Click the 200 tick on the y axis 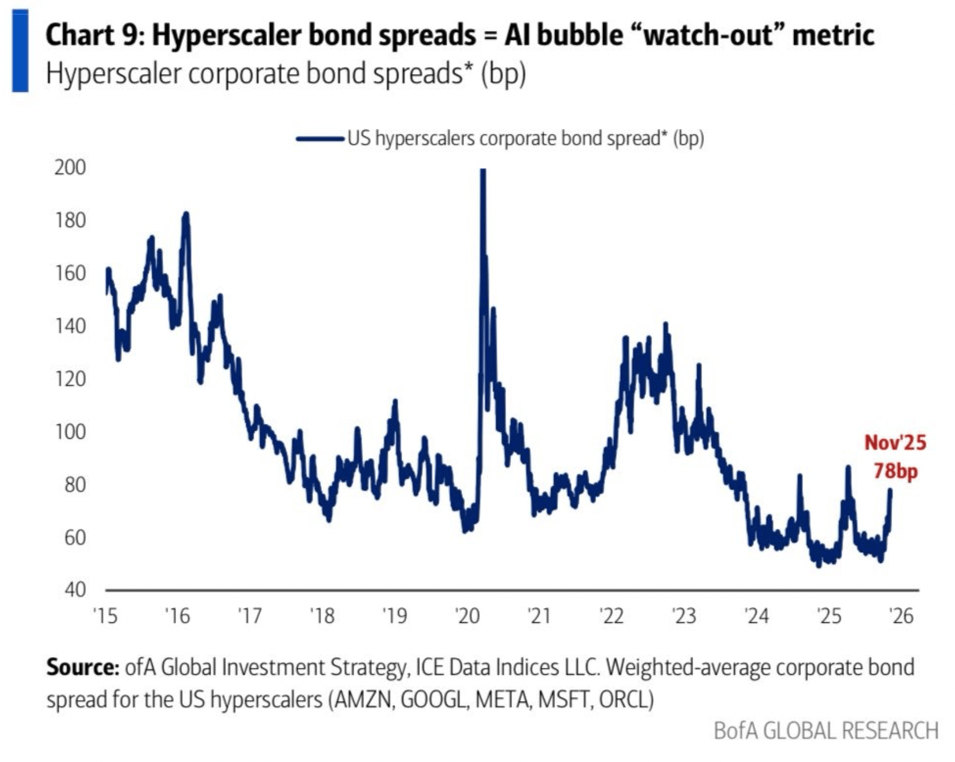pyautogui.click(x=70, y=168)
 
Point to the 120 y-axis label pyautogui.click(x=70, y=379)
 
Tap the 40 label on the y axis pyautogui.click(x=75, y=589)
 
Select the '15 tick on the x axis pyautogui.click(x=105, y=616)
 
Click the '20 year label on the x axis pyautogui.click(x=467, y=616)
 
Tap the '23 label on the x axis pyautogui.click(x=684, y=616)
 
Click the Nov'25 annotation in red pyautogui.click(x=895, y=443)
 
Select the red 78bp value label pyautogui.click(x=896, y=471)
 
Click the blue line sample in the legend pyautogui.click(x=319, y=139)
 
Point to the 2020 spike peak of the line pyautogui.click(x=483, y=170)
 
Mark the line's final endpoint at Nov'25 pyautogui.click(x=890, y=489)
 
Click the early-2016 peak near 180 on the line pyautogui.click(x=185, y=214)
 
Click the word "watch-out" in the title pyautogui.click(x=707, y=35)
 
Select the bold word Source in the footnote pyautogui.click(x=82, y=667)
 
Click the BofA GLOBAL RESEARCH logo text pyautogui.click(x=825, y=731)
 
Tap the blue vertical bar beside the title pyautogui.click(x=21, y=51)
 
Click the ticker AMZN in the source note pyautogui.click(x=362, y=699)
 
